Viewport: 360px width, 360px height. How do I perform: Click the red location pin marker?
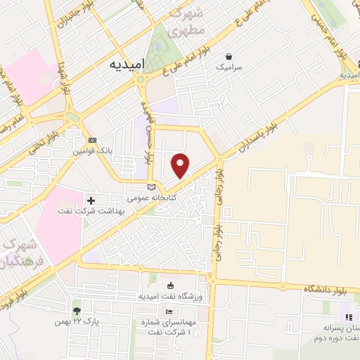tap(181, 165)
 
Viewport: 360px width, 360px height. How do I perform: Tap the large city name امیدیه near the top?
tap(127, 63)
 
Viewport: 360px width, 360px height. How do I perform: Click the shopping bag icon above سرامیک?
tap(229, 56)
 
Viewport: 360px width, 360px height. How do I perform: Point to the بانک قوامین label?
tap(93, 151)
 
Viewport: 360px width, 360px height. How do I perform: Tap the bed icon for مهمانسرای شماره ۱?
tap(169, 312)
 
